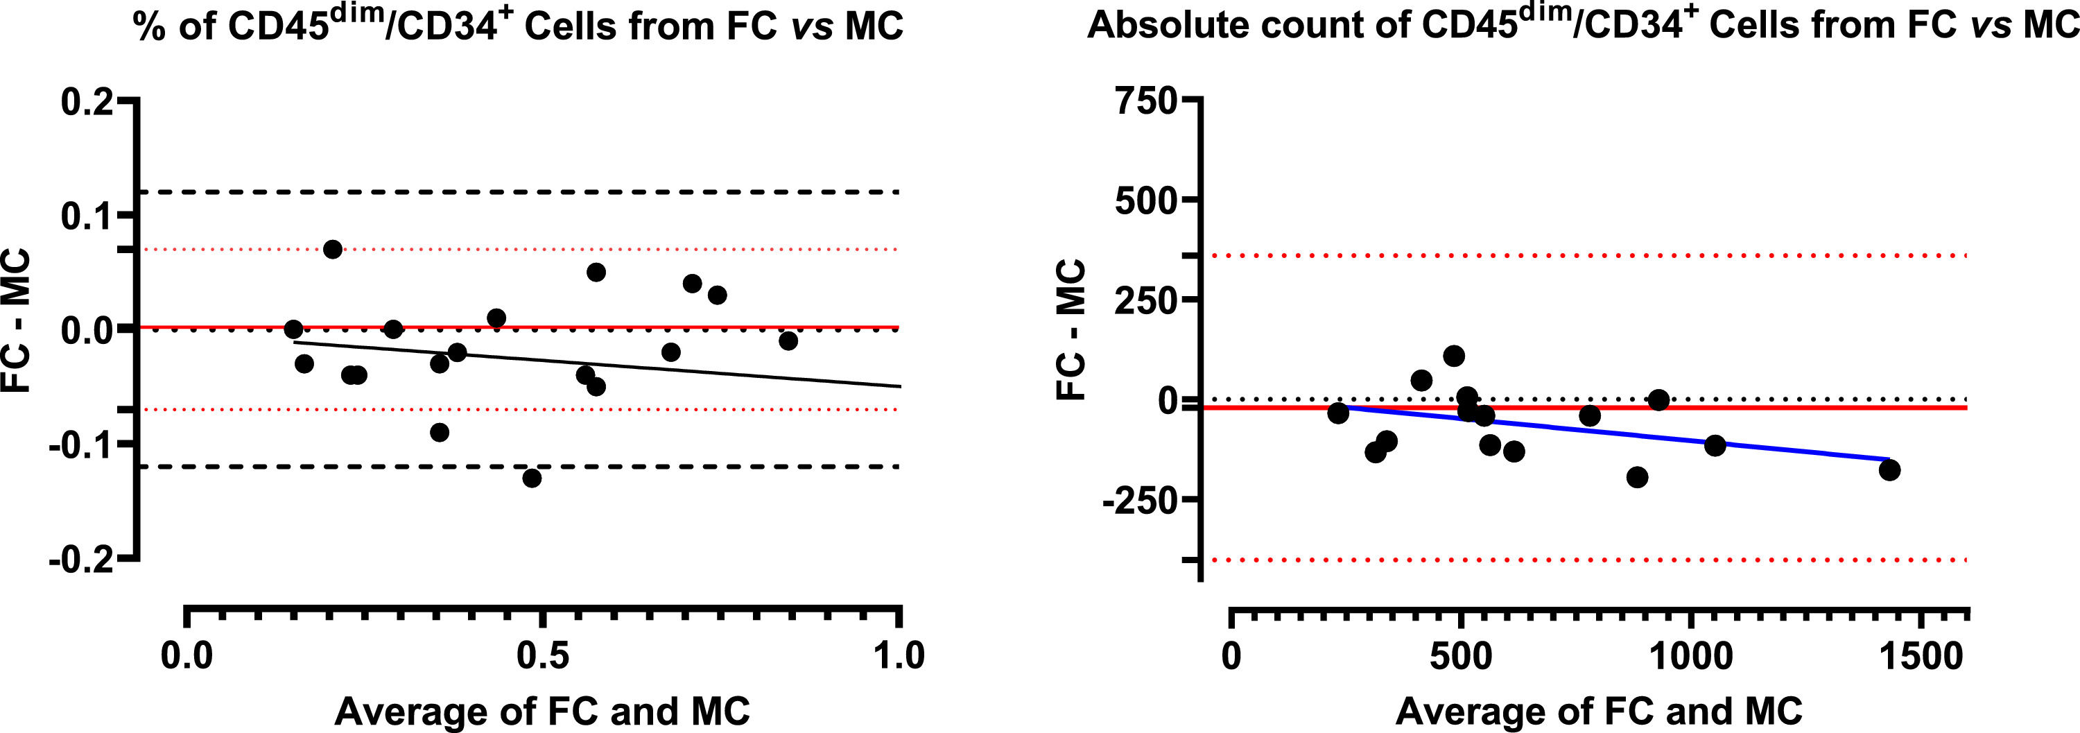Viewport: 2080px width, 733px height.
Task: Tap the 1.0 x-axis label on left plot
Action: click(899, 655)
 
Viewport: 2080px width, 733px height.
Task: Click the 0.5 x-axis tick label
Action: click(543, 655)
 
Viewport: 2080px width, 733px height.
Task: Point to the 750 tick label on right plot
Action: click(1146, 103)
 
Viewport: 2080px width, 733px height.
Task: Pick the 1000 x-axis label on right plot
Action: click(1690, 655)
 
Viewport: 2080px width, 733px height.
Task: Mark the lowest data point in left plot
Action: click(531, 478)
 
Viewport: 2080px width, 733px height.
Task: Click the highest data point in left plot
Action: click(333, 250)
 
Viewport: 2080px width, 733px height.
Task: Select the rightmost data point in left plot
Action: click(788, 340)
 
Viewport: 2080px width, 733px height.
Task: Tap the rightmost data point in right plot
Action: click(1889, 470)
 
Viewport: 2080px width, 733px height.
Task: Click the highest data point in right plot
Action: click(1453, 356)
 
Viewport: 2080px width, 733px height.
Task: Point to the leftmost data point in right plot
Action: click(1338, 413)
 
